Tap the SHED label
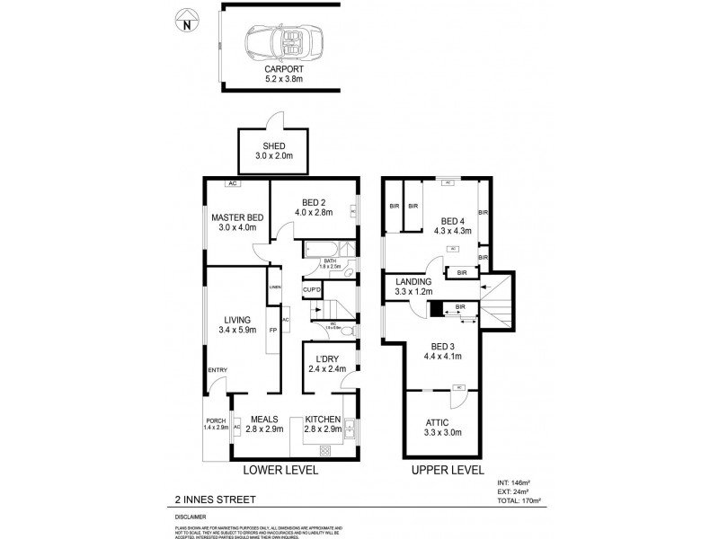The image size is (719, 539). pyautogui.click(x=273, y=146)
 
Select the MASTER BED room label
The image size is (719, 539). pyautogui.click(x=237, y=217)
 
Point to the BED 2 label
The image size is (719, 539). pyautogui.click(x=315, y=201)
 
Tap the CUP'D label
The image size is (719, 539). pyautogui.click(x=313, y=290)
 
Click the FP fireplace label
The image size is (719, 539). pyautogui.click(x=273, y=331)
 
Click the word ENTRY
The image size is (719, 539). pyautogui.click(x=217, y=371)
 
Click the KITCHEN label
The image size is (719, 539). pyautogui.click(x=323, y=419)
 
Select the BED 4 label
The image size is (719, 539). pyautogui.click(x=453, y=221)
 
